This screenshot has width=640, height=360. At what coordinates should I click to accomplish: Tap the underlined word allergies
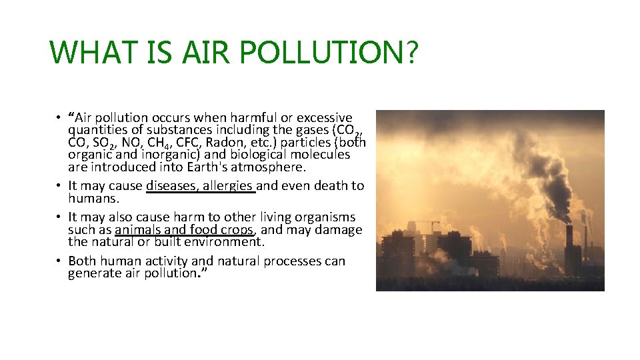[x=227, y=186]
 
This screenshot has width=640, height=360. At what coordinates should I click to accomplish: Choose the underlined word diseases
[x=171, y=186]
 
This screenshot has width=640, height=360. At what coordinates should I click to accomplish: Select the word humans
[x=93, y=198]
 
